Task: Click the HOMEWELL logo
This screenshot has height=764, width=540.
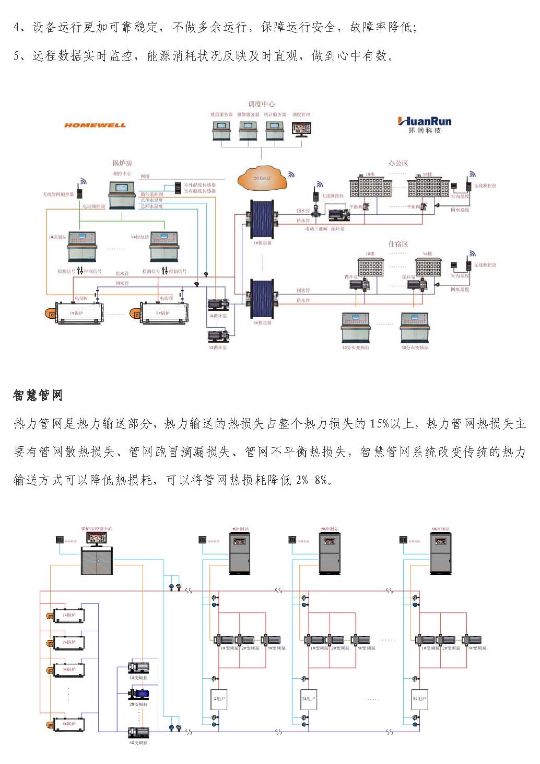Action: click(95, 125)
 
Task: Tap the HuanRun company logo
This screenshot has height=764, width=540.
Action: click(424, 125)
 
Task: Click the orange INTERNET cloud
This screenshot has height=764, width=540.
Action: click(262, 179)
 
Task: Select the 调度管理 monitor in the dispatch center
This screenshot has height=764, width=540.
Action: click(301, 130)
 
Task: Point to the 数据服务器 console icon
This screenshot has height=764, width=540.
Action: click(221, 130)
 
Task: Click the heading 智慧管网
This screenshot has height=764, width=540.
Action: click(38, 395)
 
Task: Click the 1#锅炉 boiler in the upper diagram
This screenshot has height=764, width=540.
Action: click(73, 311)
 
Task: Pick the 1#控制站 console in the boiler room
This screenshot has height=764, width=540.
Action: click(83, 246)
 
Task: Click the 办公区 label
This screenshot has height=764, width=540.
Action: click(398, 163)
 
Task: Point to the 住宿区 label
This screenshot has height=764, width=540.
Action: click(398, 244)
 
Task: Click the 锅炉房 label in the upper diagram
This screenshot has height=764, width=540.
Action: click(122, 163)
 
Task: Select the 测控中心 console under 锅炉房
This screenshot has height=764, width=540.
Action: click(122, 194)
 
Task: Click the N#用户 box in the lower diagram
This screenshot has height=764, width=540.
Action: click(420, 699)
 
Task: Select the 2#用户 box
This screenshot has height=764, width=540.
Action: click(309, 699)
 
